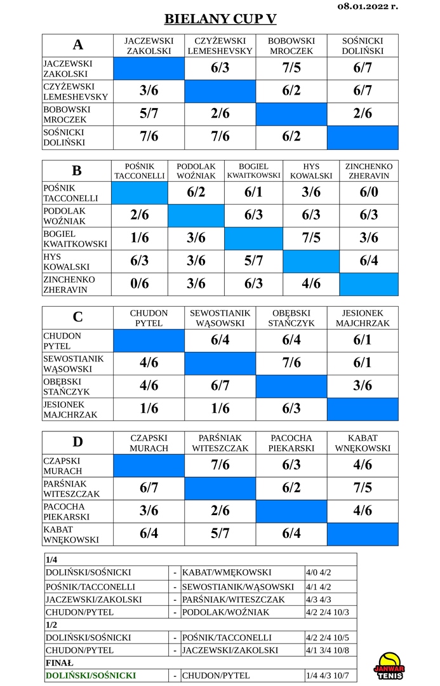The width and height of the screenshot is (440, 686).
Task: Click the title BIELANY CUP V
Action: [x=220, y=19]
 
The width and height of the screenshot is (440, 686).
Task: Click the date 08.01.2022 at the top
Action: [x=368, y=6]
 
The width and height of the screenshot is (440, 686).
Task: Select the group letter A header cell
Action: [x=77, y=45]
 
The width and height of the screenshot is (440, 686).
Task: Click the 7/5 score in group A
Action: [x=291, y=68]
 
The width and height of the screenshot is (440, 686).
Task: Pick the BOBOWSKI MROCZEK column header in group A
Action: [x=291, y=46]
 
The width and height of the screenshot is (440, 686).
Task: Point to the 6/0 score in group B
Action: [x=369, y=192]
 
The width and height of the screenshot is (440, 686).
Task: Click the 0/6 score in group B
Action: [x=140, y=283]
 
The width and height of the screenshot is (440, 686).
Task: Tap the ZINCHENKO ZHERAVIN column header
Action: [x=369, y=171]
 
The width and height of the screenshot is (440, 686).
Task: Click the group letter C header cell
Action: [x=77, y=317]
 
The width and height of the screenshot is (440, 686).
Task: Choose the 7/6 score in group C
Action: [x=291, y=363]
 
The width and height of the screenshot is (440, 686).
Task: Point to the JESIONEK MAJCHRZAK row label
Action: [x=70, y=410]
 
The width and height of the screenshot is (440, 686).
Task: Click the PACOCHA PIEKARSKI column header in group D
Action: [x=291, y=443]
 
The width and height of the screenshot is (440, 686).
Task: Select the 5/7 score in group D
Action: [x=220, y=534]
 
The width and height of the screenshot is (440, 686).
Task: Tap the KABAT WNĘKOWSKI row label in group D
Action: [x=71, y=534]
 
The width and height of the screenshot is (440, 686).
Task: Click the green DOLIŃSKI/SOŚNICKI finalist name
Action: [x=91, y=675]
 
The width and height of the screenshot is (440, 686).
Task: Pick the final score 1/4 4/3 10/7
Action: [x=327, y=675]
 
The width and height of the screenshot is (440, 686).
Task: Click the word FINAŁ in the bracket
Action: [x=60, y=662]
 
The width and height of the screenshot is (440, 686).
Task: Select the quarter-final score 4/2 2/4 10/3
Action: [x=327, y=612]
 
